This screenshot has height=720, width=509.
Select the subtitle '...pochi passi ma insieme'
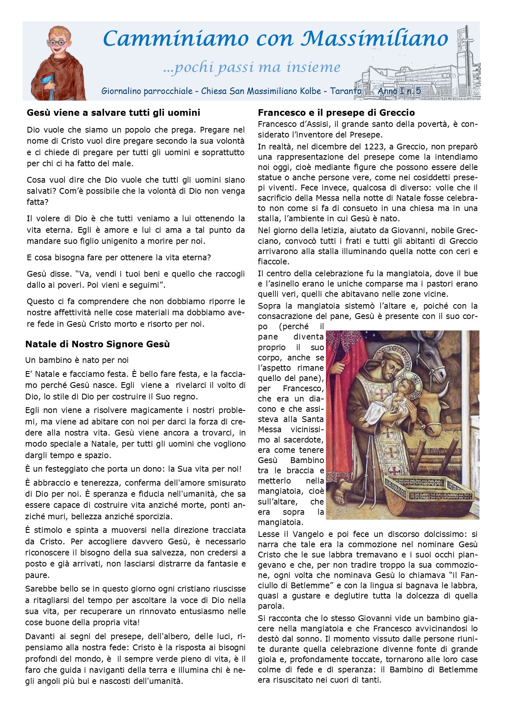[252, 67]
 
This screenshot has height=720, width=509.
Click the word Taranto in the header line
[346, 91]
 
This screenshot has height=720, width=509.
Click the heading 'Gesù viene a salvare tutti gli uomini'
[113, 112]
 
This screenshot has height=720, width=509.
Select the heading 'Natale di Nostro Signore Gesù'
[98, 344]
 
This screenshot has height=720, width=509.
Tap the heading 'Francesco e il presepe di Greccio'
[336, 112]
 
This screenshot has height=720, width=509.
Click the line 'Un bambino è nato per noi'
[77, 360]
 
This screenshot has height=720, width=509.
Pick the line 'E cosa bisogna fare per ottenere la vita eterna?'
[119, 257]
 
